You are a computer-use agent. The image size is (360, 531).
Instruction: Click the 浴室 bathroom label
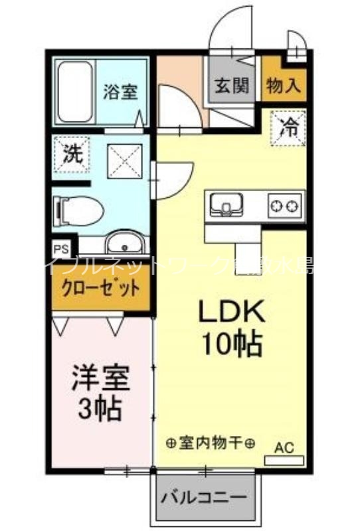120,92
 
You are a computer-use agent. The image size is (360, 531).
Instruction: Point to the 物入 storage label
284,85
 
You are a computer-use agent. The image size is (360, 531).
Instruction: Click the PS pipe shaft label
61,250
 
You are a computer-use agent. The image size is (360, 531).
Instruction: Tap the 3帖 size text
100,410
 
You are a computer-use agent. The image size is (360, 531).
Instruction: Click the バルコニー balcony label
205,497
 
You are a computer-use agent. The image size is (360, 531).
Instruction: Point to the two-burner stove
285,205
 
